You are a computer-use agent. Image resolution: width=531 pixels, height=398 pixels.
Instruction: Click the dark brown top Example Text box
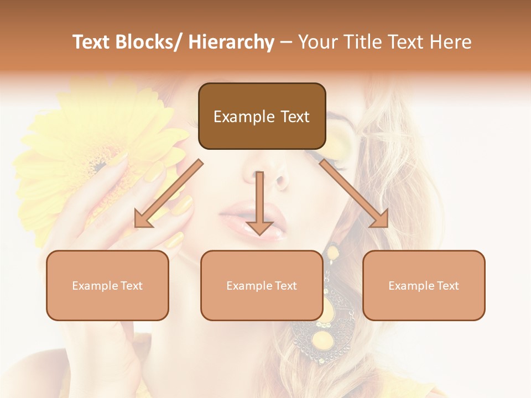click(x=262, y=116)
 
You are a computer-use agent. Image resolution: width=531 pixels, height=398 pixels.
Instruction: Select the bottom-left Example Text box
click(x=107, y=285)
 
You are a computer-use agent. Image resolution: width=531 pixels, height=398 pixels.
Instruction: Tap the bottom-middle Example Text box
click(x=262, y=285)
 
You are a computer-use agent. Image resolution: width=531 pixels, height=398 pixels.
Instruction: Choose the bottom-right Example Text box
click(x=424, y=285)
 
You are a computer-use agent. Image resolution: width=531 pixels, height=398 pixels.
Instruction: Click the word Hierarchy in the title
click(x=231, y=42)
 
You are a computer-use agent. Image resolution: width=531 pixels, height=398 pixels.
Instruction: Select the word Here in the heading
click(x=452, y=42)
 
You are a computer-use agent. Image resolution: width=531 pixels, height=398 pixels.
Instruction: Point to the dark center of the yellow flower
click(x=100, y=165)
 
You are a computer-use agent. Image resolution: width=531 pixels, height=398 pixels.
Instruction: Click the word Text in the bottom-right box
click(x=447, y=286)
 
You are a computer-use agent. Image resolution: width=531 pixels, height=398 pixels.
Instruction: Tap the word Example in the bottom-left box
click(x=95, y=286)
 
